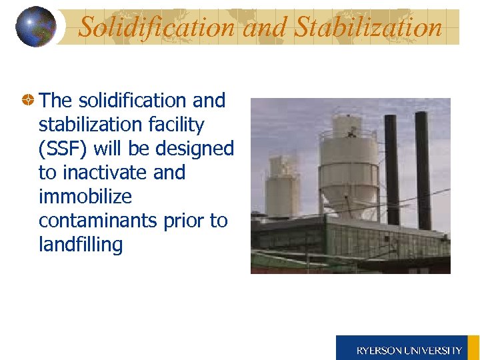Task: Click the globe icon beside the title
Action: [36, 27]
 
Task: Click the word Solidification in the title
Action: [157, 27]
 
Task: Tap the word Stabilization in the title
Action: [368, 27]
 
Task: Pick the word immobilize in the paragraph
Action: [85, 197]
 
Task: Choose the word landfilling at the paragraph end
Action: [81, 245]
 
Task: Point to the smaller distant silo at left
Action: [283, 187]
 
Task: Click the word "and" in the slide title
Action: [264, 27]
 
